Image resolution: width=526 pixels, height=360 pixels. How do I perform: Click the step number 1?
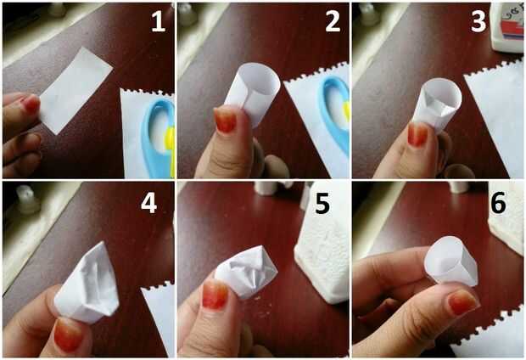point(158,22)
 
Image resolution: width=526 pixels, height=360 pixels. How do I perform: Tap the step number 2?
point(333,22)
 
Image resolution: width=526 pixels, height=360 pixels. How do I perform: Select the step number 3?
point(478,22)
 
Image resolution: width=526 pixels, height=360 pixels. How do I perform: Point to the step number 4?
point(149,203)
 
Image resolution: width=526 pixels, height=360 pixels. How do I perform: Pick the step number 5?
point(322,203)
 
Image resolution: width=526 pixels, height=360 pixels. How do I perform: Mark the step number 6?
point(499,203)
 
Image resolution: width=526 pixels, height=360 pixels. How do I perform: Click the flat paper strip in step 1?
point(76,90)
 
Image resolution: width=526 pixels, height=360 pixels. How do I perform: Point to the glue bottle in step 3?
point(507,27)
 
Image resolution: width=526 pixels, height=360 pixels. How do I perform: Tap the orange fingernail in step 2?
point(226,119)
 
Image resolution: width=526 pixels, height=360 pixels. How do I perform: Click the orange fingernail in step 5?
point(215,295)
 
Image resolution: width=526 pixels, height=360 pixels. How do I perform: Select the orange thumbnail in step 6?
point(463,302)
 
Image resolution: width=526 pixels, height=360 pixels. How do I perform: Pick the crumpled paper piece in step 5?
point(247,272)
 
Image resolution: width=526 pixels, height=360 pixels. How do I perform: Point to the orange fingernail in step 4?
point(68,335)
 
